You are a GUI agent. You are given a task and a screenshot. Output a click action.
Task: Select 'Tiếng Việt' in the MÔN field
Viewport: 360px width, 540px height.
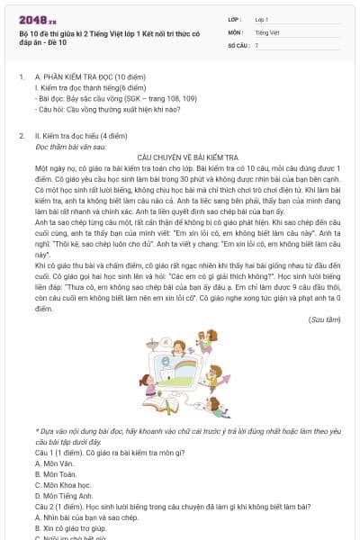(x=268, y=31)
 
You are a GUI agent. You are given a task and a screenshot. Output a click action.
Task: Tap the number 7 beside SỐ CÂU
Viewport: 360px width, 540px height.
(x=256, y=44)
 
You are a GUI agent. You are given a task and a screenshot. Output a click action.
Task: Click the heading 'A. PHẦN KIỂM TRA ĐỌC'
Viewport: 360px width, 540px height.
(x=82, y=103)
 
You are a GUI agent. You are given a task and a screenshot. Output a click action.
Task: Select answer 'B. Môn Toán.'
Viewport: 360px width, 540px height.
(x=59, y=473)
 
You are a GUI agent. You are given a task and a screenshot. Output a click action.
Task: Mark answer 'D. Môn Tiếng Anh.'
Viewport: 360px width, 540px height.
(x=68, y=495)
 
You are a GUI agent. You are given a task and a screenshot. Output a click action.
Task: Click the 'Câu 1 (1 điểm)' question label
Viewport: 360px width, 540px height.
(x=62, y=452)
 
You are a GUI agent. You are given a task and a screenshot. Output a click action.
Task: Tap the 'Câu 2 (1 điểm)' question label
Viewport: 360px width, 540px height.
(x=62, y=507)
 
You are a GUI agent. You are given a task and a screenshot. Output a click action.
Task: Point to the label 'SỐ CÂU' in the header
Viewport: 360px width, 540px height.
(x=239, y=44)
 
